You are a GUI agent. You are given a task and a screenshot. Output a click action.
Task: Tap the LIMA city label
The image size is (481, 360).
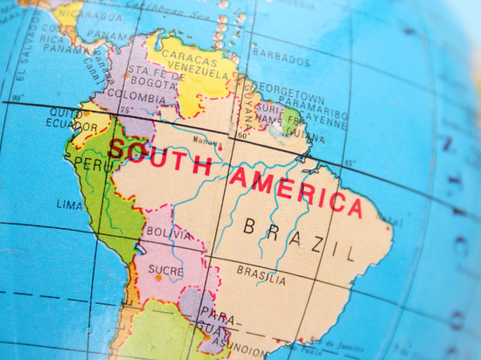tap(69, 204)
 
